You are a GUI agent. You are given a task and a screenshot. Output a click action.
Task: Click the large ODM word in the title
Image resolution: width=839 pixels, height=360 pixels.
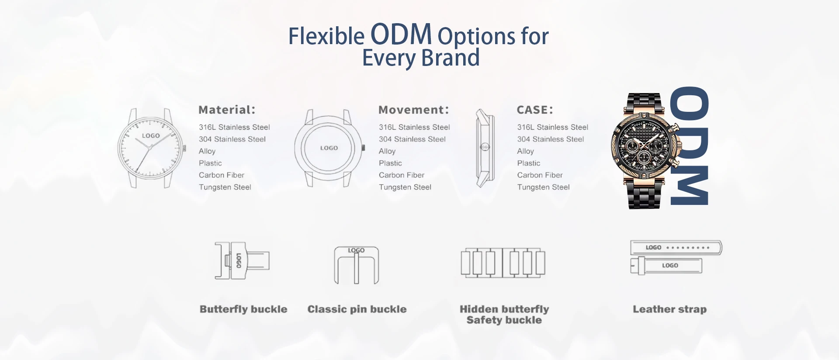(x=401, y=35)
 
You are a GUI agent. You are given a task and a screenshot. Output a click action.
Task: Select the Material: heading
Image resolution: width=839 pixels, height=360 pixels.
(x=227, y=110)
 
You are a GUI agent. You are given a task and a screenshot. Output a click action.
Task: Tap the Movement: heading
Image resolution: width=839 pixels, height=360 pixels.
(x=414, y=110)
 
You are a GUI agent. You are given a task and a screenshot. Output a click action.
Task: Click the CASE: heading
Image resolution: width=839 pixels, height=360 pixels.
(x=535, y=110)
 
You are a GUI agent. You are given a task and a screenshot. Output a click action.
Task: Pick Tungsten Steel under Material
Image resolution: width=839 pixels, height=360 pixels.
(x=225, y=187)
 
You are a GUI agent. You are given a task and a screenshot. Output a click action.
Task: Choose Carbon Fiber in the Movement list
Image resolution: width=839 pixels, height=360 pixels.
(x=402, y=175)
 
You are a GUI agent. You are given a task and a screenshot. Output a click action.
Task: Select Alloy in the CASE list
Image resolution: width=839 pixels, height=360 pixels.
(x=526, y=151)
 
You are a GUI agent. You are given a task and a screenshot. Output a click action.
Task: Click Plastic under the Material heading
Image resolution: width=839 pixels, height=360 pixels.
(x=210, y=163)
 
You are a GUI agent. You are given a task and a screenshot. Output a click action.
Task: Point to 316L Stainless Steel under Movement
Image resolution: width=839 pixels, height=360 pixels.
(x=414, y=127)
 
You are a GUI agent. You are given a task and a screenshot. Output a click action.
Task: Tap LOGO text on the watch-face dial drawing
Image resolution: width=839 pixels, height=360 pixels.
(x=151, y=136)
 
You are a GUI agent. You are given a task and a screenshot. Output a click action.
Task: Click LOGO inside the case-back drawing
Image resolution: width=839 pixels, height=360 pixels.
(x=329, y=148)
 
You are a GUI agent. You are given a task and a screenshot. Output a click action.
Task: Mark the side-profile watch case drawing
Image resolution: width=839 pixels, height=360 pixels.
(x=485, y=148)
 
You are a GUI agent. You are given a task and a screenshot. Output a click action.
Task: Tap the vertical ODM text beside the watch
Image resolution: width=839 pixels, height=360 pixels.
(x=689, y=145)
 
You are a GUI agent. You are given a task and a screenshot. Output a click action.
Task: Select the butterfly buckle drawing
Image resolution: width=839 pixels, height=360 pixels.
(x=242, y=261)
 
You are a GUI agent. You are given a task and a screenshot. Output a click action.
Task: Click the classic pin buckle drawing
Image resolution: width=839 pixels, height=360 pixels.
(x=357, y=265)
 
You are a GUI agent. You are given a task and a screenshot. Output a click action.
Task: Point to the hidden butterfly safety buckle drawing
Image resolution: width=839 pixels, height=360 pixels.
(x=503, y=263)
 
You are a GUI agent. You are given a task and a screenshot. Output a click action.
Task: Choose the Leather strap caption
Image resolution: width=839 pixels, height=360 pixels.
(x=670, y=309)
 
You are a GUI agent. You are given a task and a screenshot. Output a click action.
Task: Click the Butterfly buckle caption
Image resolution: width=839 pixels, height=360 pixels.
(x=243, y=309)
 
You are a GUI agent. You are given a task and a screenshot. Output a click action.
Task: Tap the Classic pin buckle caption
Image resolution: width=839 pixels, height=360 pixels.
(x=357, y=309)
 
